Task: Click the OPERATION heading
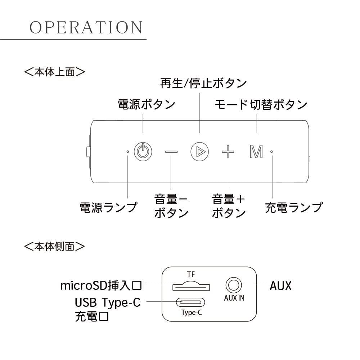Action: pos(86,28)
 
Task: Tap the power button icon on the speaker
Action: pos(143,152)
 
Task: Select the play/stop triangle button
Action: pos(199,152)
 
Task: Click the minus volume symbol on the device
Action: pos(171,152)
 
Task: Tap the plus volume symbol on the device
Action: pos(228,152)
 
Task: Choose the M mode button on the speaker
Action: pos(256,152)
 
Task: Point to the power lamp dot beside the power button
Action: pos(128,152)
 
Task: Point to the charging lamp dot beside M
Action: pos(271,152)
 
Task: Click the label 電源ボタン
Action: pos(147,104)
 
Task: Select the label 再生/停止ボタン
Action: pos(203,83)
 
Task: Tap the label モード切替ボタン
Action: pos(261,105)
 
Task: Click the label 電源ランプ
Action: pos(108,207)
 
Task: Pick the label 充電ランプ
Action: pos(294,207)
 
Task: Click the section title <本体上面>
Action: pos(54,72)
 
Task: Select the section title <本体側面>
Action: pos(54,246)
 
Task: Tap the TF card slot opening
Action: pos(191,287)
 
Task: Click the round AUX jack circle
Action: pos(234,285)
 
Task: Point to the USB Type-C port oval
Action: pos(190,302)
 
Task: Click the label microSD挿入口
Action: pos(101,285)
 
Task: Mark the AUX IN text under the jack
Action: pos(234,298)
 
